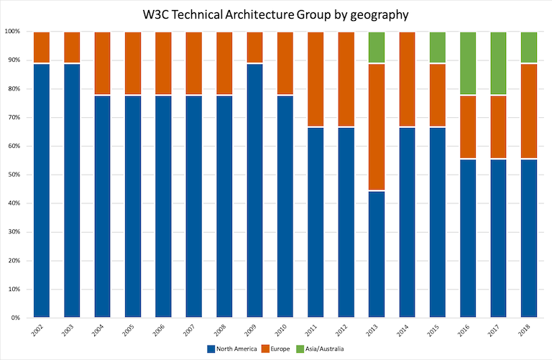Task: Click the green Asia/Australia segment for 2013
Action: tap(377, 47)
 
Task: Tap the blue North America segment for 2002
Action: tap(42, 190)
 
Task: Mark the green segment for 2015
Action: tap(437, 47)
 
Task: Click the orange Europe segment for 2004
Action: tap(103, 63)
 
